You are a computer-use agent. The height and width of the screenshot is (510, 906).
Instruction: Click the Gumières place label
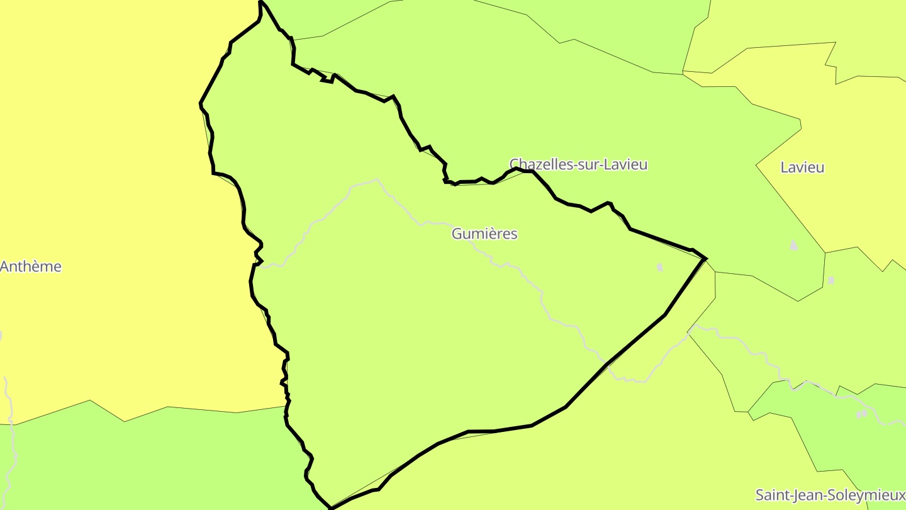[484, 234]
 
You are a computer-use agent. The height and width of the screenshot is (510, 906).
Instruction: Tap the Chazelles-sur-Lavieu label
[578, 165]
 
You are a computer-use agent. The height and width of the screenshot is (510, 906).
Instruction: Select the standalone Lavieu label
[802, 167]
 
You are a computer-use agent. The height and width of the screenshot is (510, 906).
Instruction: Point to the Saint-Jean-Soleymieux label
[830, 494]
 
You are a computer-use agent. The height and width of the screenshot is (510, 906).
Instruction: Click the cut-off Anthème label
[31, 266]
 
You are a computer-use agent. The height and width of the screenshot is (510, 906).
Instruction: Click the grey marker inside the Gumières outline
[659, 268]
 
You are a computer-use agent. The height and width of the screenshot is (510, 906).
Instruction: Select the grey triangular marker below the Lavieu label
[793, 244]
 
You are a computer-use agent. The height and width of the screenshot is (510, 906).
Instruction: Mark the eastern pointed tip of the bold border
[706, 258]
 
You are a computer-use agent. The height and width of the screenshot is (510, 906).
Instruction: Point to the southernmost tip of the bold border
[331, 507]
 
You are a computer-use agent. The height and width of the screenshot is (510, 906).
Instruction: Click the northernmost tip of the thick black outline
[260, 2]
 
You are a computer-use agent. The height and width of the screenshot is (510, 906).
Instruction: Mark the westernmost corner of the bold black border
[201, 103]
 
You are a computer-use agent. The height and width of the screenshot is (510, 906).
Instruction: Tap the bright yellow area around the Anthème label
[94, 189]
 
